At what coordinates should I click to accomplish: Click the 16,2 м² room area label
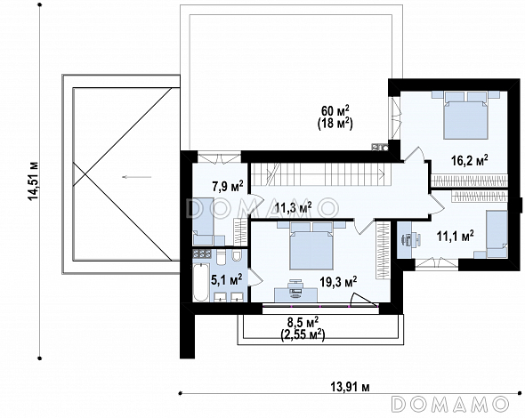pyautogui.click(x=470, y=160)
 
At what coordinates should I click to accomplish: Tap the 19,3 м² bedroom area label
pyautogui.click(x=338, y=282)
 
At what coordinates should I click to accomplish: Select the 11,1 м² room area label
pyautogui.click(x=455, y=236)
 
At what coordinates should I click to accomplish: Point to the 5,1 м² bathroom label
pyautogui.click(x=226, y=279)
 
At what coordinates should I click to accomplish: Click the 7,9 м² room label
pyautogui.click(x=228, y=186)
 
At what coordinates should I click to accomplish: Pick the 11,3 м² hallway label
pyautogui.click(x=293, y=207)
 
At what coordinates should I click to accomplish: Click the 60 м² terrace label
pyautogui.click(x=335, y=110)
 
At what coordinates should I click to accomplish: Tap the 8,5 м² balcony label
pyautogui.click(x=303, y=323)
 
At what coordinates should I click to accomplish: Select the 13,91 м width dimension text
pyautogui.click(x=351, y=387)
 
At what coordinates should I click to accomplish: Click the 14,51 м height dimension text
pyautogui.click(x=34, y=181)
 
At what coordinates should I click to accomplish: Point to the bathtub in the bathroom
pyautogui.click(x=201, y=282)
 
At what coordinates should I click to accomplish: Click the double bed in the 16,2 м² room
pyautogui.click(x=465, y=115)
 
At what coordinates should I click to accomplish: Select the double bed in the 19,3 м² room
pyautogui.click(x=311, y=245)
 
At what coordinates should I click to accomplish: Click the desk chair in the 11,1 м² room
pyautogui.click(x=407, y=239)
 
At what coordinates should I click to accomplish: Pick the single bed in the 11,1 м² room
pyautogui.click(x=497, y=234)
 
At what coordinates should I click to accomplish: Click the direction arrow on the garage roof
pyautogui.click(x=137, y=177)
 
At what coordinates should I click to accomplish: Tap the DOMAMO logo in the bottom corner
pyautogui.click(x=450, y=404)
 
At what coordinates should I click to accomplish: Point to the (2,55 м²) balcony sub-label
pyautogui.click(x=303, y=334)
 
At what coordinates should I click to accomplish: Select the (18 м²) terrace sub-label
pyautogui.click(x=335, y=124)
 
